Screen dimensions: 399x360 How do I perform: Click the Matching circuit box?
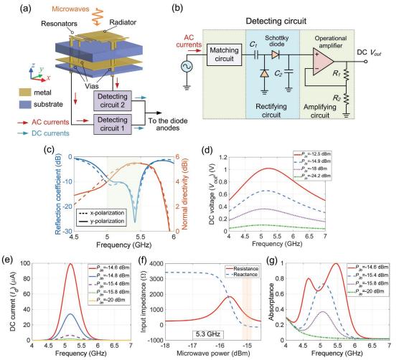[x=224, y=55]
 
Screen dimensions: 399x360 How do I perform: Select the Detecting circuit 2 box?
[x=113, y=100]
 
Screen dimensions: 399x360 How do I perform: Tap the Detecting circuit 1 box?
[x=113, y=124]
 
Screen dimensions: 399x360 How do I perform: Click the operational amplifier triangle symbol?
[x=323, y=62]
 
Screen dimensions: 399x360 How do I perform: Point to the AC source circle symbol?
[x=187, y=67]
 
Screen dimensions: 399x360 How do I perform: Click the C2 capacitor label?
[x=278, y=74]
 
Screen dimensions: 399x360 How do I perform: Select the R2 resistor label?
[x=337, y=98]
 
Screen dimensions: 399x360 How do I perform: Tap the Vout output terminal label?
[x=375, y=52]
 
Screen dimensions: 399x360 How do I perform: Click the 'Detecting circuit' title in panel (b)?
[x=276, y=21]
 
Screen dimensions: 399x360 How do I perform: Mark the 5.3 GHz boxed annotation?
[x=208, y=333]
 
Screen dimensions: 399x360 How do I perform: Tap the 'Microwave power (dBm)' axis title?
[x=213, y=354]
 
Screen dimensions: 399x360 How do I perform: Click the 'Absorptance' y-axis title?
[x=271, y=302]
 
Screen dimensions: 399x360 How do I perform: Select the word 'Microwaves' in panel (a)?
[x=70, y=9]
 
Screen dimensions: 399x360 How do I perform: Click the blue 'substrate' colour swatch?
[x=25, y=105]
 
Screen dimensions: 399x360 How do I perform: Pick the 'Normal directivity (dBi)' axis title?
[x=184, y=194]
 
